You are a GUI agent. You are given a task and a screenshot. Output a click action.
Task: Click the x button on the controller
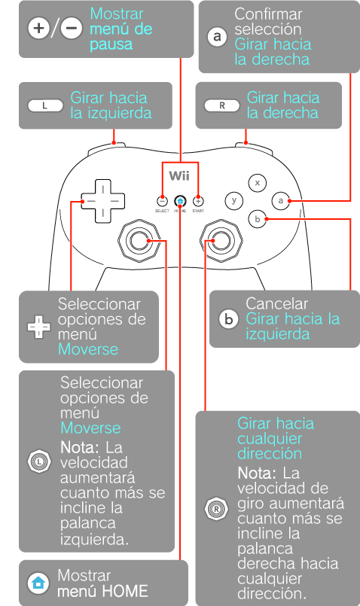point(258,182)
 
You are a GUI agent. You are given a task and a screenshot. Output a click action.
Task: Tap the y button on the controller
point(234,200)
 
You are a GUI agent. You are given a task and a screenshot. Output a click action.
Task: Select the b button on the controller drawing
point(257,219)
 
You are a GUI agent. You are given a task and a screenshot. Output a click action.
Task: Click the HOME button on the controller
point(180,201)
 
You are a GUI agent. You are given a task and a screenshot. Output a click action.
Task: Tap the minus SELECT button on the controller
point(163,201)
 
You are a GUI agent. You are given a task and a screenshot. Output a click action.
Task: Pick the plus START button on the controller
point(198,201)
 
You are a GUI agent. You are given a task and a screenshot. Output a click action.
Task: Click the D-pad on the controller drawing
point(103,201)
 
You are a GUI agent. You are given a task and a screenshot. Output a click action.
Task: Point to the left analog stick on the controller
point(139,240)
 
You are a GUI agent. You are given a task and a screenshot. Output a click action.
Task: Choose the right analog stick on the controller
point(221,240)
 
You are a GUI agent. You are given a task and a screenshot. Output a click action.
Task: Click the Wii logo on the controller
point(179,176)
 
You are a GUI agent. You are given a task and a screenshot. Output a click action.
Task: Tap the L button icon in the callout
point(45,105)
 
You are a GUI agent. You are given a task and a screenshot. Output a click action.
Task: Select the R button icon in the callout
point(222,105)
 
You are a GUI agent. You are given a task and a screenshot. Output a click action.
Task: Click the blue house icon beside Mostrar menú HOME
point(38,583)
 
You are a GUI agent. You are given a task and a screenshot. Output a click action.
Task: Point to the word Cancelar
point(277,304)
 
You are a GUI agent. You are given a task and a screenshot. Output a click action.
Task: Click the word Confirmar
point(268,14)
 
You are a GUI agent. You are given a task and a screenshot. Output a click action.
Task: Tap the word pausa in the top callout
point(111,45)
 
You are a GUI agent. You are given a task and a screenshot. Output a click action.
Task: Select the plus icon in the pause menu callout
point(38,28)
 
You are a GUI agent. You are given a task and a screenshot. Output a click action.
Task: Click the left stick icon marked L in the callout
point(39,461)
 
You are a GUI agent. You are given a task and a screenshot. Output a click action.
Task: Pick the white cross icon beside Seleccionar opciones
point(38,327)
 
